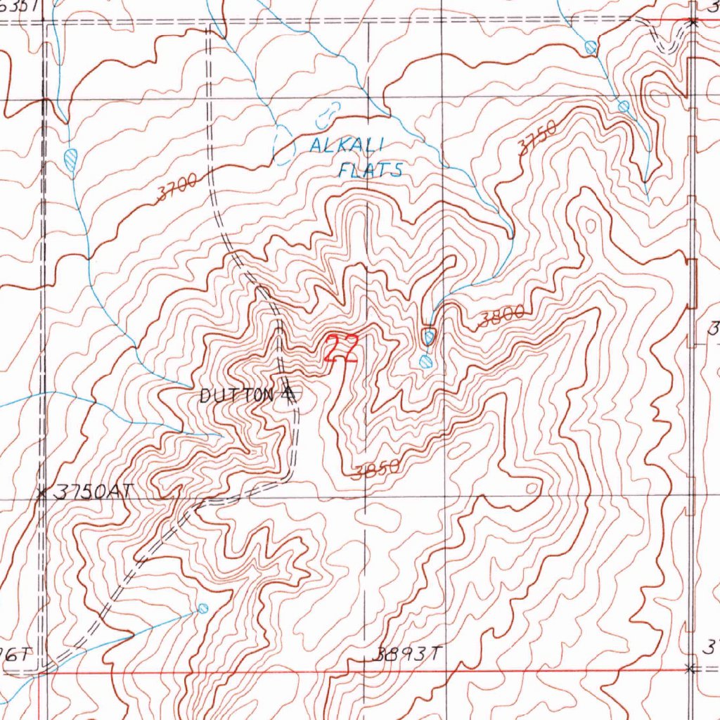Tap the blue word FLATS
click(370, 169)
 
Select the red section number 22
click(342, 349)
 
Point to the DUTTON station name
click(236, 396)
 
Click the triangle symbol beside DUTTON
click(288, 395)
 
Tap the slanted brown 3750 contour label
click(537, 137)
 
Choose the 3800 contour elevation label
click(501, 318)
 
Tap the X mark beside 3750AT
click(43, 492)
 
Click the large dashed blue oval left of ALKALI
click(282, 146)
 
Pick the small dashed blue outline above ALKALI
click(328, 111)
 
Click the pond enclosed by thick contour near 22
click(429, 337)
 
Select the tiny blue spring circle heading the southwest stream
click(203, 607)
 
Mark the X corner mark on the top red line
click(693, 22)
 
